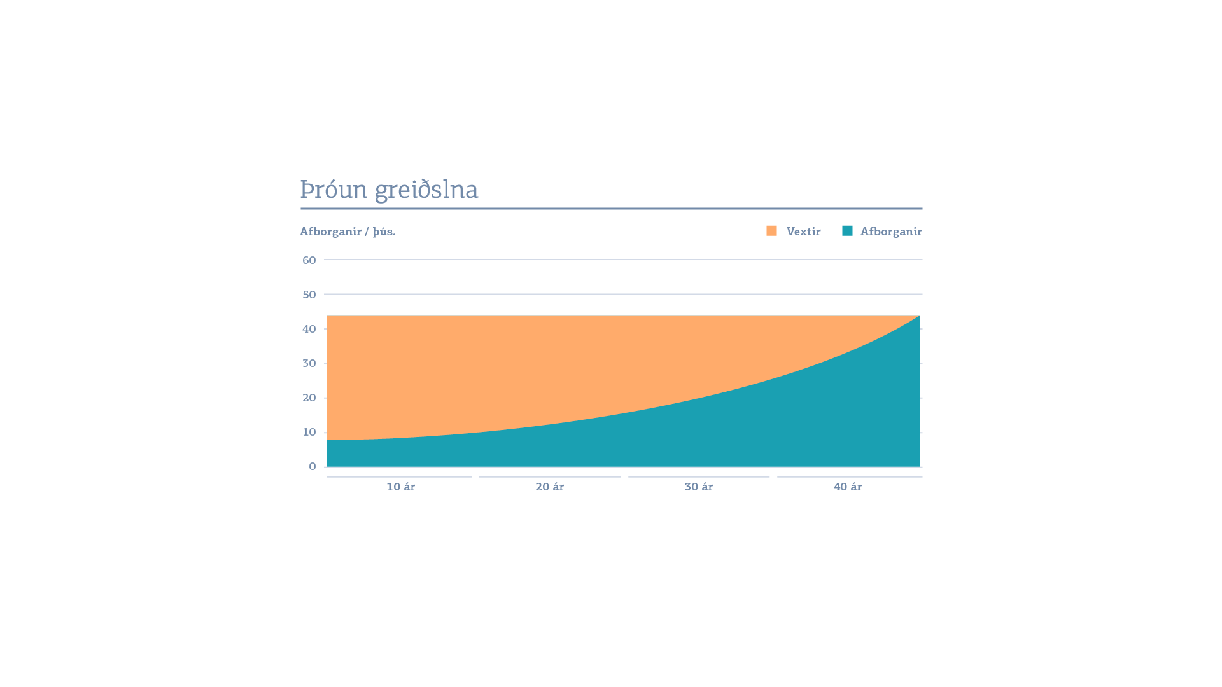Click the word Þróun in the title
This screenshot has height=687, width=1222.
[334, 190]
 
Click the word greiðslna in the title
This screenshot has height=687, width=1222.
[426, 190]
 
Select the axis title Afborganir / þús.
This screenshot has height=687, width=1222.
[348, 232]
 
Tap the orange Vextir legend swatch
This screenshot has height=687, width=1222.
[771, 231]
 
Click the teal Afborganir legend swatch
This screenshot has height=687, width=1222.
[847, 231]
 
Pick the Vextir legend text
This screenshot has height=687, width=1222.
[803, 232]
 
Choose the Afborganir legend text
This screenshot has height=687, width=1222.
[891, 232]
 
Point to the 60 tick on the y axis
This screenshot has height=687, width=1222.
[309, 260]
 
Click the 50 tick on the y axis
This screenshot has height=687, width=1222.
[309, 295]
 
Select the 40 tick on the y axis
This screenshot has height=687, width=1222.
[309, 329]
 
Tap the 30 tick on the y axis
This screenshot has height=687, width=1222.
[309, 363]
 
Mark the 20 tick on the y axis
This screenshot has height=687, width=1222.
[309, 398]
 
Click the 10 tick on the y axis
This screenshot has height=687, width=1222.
[309, 432]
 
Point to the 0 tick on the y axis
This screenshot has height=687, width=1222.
[313, 466]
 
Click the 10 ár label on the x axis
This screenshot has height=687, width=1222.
[400, 487]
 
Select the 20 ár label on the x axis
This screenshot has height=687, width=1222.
[549, 487]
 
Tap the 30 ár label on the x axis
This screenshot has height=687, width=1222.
[698, 487]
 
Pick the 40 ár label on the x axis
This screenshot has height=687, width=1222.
[848, 487]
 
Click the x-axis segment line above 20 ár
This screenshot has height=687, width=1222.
[550, 476]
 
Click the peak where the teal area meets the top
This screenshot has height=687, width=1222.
[918, 316]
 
